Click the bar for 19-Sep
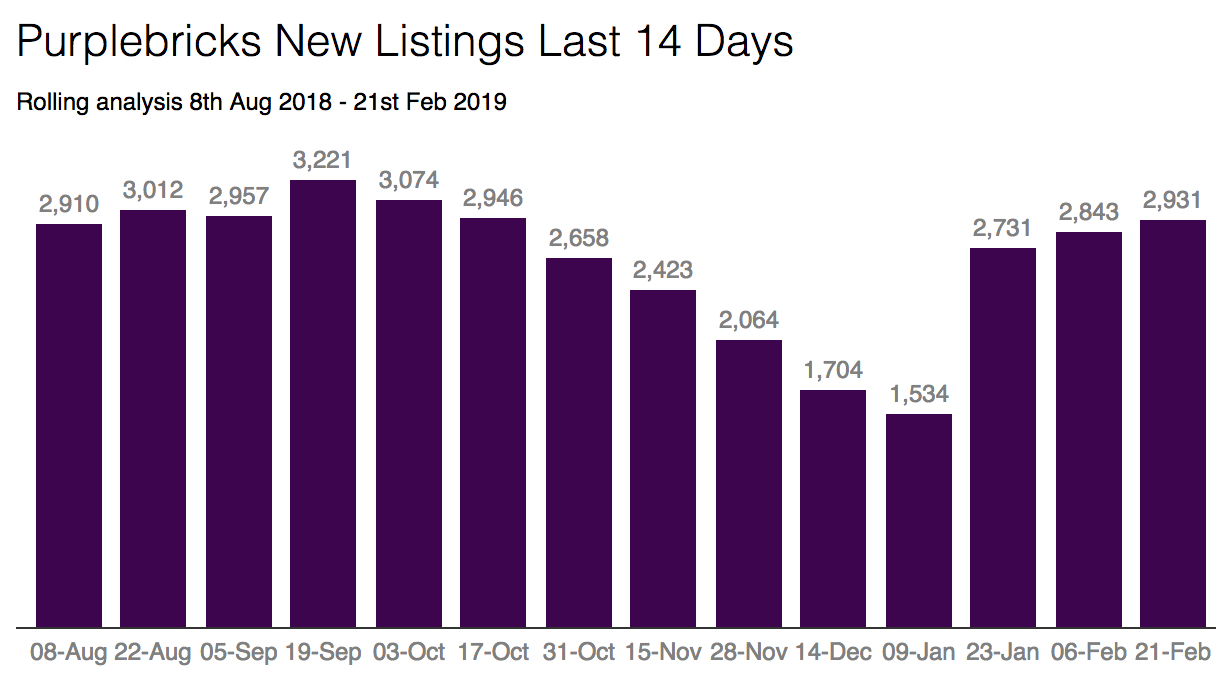323,404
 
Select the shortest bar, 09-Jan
918,520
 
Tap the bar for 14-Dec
833,508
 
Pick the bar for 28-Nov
749,483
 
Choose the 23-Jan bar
1003,437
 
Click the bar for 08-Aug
69,425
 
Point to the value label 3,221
323,160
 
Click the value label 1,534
918,394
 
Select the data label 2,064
749,320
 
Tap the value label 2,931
1173,200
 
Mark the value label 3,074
408,180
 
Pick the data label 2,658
578,238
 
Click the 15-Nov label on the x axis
664,653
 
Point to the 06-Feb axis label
1089,653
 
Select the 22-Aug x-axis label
153,653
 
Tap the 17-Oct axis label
493,653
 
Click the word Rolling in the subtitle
47,102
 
